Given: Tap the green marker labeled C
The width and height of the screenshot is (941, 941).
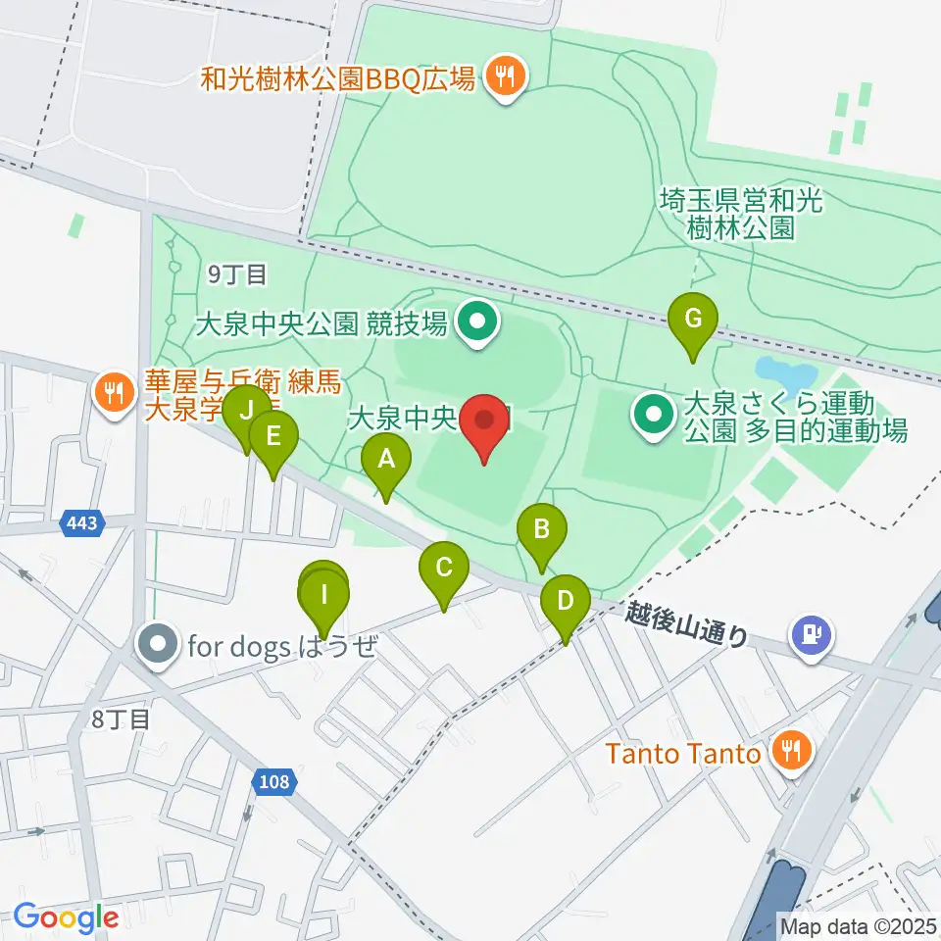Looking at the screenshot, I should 443,568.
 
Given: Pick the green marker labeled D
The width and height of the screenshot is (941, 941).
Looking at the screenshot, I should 565,600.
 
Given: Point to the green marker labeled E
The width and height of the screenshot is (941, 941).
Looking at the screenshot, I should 272,434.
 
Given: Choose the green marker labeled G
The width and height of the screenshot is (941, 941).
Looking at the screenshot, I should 693,319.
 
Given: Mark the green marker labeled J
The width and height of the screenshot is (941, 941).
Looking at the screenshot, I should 246,410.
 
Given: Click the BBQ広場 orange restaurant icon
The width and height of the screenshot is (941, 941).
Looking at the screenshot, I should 505,75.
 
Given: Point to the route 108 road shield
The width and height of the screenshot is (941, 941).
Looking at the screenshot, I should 275,781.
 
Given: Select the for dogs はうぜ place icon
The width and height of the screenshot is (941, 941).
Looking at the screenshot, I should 158,645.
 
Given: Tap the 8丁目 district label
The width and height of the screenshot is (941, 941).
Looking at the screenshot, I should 120,720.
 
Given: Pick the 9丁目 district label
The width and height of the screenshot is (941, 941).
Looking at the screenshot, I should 237,275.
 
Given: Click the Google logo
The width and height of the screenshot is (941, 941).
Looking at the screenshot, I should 66,917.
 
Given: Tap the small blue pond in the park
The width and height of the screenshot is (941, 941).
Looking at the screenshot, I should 785,373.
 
